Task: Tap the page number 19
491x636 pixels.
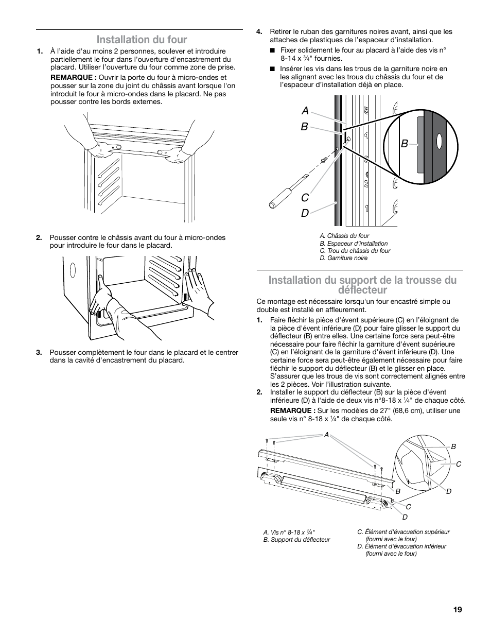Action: [458, 610]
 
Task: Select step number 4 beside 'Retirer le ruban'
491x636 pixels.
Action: [259, 32]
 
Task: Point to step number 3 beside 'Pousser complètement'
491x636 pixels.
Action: [39, 353]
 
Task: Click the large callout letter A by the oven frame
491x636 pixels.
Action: [305, 111]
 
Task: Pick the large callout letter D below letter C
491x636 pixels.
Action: [305, 212]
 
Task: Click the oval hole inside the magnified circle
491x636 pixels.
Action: [439, 141]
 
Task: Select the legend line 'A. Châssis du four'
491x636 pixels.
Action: [344, 236]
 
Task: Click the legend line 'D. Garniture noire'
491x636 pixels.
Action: [343, 258]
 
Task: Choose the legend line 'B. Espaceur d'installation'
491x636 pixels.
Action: [354, 244]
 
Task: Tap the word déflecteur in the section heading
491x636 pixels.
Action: [361, 290]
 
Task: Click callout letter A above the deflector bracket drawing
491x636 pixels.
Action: [326, 435]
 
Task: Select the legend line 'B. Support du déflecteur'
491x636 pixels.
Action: [296, 540]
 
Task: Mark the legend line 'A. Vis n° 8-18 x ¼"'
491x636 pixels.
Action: [289, 532]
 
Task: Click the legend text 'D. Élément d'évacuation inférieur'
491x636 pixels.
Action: [401, 546]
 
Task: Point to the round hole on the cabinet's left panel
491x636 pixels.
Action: [72, 268]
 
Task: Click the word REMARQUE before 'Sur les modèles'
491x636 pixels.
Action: [292, 411]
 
